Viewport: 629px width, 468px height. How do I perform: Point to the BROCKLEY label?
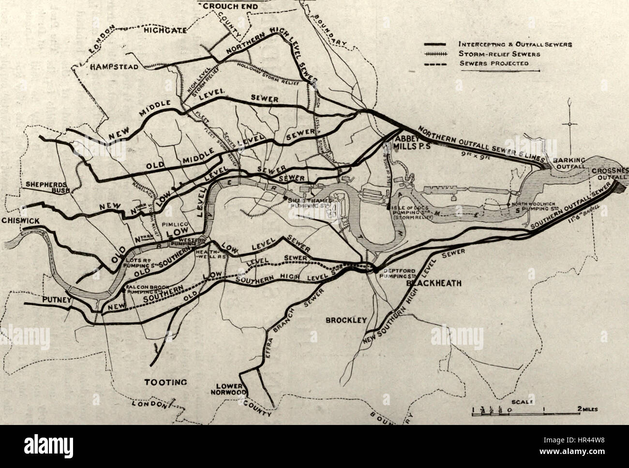(x=346, y=320)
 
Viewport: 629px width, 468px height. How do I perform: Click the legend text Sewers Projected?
(x=493, y=63)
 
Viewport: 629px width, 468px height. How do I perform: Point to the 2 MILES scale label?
(x=587, y=409)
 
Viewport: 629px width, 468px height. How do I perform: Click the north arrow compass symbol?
(x=570, y=124)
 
